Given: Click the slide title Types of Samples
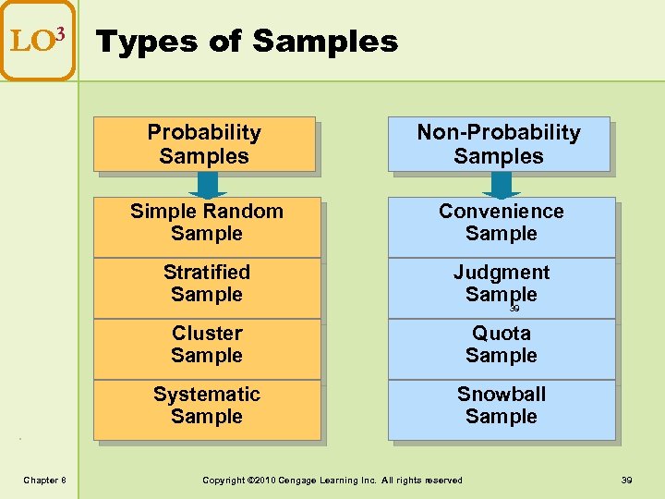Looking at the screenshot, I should coord(247,42).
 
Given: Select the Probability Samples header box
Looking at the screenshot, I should coord(204,145).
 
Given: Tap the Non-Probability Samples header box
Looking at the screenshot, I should coord(499,145).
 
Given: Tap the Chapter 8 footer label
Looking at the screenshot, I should coord(44,480).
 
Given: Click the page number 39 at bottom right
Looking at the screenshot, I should coord(626,480).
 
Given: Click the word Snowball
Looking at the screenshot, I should coord(502,395).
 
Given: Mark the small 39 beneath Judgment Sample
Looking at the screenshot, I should coord(514,309).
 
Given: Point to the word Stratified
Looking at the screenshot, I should coord(207,273).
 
